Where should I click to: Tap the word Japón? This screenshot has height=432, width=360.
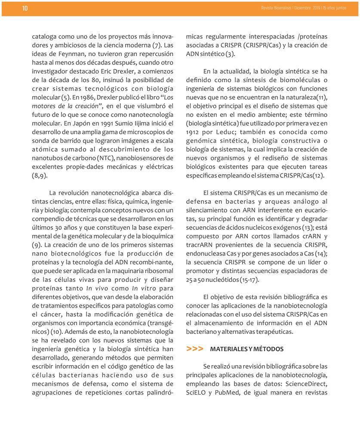pyautogui.click(x=50, y=124)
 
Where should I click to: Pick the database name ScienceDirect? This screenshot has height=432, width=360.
pyautogui.click(x=303, y=383)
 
